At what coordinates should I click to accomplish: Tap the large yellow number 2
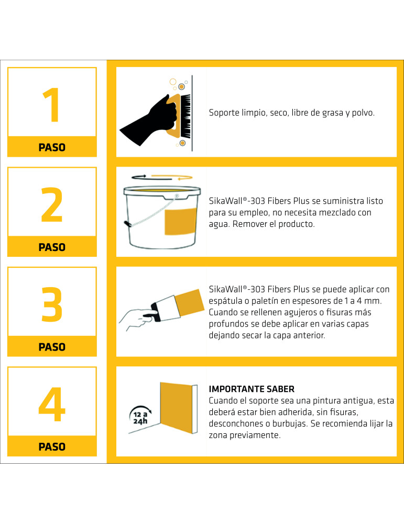tap(52, 204)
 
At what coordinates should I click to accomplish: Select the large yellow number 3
tap(52, 304)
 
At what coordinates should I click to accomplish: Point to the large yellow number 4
tap(52, 405)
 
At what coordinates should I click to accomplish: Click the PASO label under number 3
tap(52, 347)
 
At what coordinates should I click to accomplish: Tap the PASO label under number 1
tap(52, 147)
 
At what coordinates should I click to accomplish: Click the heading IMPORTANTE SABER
tap(252, 389)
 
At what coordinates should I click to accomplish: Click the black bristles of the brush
tap(186, 116)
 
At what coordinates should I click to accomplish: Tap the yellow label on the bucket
tap(180, 222)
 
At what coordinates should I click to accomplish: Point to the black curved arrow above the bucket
tap(139, 177)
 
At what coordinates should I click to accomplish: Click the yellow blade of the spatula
tap(190, 303)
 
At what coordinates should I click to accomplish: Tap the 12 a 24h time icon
tap(140, 416)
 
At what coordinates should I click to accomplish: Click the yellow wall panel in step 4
tap(177, 408)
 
